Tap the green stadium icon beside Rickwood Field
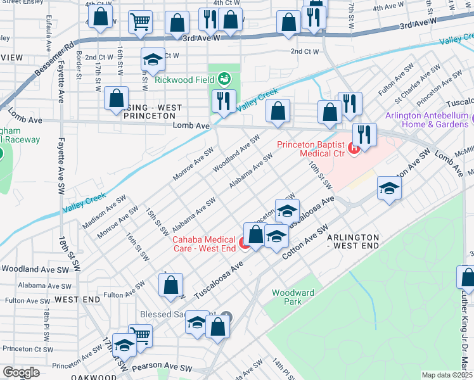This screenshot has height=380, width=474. point(224,79)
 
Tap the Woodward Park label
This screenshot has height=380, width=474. point(292,297)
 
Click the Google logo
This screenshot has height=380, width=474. point(21,372)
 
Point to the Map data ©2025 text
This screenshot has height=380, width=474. point(446,375)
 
